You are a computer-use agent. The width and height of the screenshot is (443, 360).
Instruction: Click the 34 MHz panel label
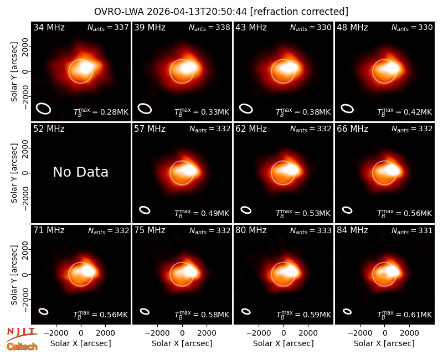[x=49, y=27]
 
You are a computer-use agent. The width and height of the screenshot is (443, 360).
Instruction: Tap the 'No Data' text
[x=80, y=172]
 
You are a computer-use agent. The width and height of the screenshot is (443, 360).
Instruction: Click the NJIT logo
[x=22, y=334]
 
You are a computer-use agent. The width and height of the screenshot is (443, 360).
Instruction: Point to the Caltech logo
[x=22, y=347]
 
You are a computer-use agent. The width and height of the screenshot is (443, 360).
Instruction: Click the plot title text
[x=221, y=12]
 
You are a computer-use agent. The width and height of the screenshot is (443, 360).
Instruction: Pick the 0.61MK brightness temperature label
[x=405, y=314]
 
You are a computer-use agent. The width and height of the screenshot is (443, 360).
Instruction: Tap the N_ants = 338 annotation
[x=209, y=27]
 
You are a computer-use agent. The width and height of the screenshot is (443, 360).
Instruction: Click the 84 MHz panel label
[x=352, y=230]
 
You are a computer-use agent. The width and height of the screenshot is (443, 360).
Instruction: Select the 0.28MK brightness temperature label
[x=101, y=112]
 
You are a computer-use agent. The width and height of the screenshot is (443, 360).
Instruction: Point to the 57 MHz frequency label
[x=150, y=129]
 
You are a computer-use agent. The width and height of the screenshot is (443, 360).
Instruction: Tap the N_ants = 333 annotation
[x=311, y=230]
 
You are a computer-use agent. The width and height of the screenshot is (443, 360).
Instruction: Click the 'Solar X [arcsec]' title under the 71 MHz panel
[x=80, y=343]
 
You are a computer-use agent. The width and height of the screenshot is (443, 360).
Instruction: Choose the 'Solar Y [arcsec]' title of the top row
[x=14, y=72]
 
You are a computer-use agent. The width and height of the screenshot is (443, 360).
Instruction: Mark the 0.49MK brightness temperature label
[x=202, y=213]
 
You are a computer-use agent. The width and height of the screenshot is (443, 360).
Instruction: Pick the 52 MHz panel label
[x=49, y=129]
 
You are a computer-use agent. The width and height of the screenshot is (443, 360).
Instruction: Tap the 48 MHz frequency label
[x=352, y=27]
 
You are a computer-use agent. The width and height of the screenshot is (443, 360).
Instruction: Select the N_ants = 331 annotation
[x=412, y=230]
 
